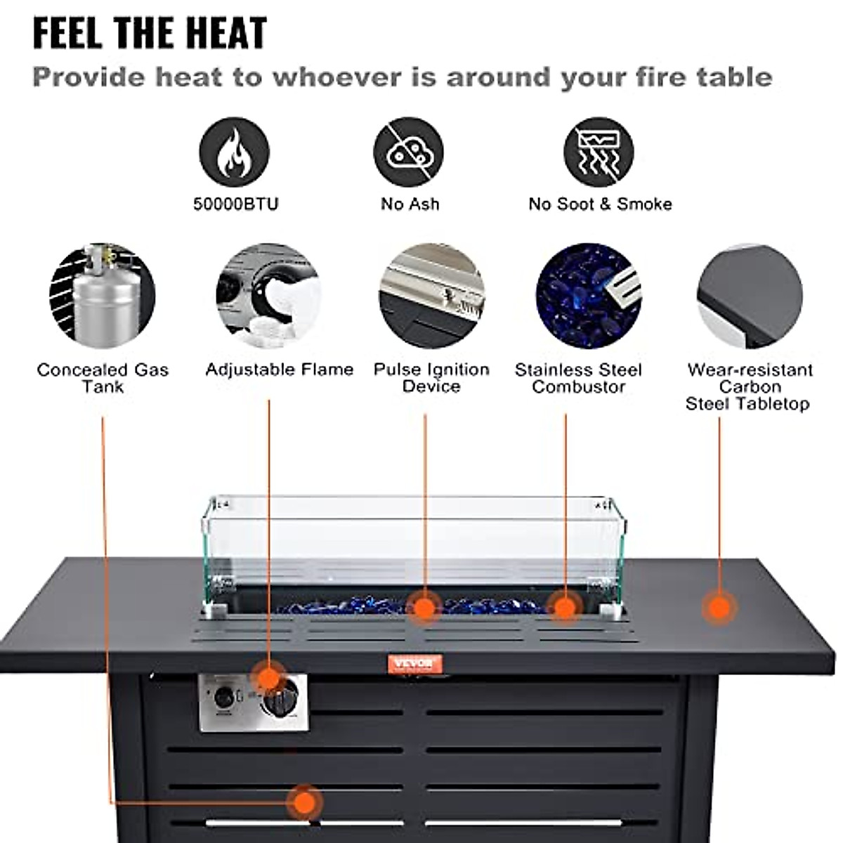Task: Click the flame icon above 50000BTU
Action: [234, 152]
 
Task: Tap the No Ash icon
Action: [408, 152]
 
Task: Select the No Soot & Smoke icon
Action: [599, 152]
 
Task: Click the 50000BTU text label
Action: [236, 204]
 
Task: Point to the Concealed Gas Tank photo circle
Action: [102, 295]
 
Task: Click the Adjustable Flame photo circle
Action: [269, 295]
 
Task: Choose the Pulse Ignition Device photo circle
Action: [431, 295]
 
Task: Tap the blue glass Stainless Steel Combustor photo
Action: [588, 295]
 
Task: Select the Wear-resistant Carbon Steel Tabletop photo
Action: [750, 295]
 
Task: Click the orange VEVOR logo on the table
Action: [414, 663]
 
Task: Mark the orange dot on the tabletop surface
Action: [719, 607]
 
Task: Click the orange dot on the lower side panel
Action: [304, 802]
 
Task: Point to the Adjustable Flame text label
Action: [280, 370]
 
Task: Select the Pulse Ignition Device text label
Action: [431, 378]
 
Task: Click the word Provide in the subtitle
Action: [89, 77]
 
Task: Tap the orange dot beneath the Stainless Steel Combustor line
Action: [565, 607]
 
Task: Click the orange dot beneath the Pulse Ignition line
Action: [424, 607]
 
